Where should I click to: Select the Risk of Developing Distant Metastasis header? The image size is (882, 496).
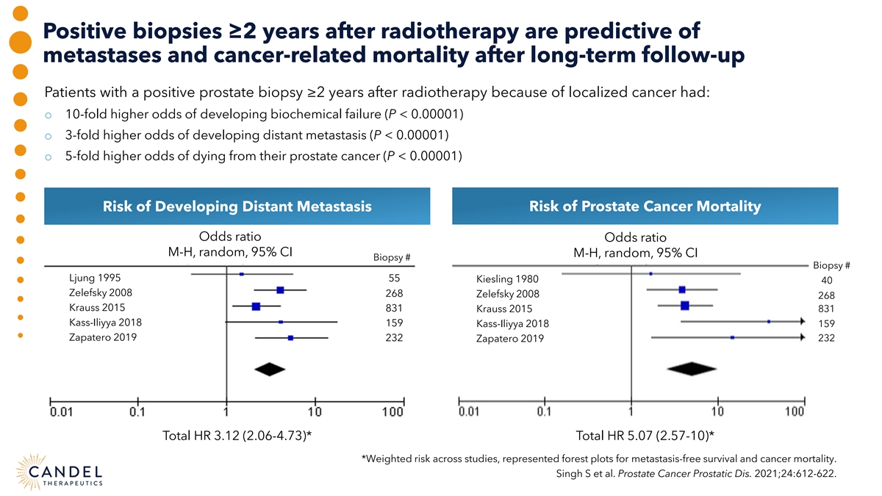[x=237, y=206]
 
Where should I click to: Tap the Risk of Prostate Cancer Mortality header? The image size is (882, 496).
[x=645, y=206]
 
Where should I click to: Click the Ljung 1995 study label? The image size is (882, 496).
[x=95, y=278]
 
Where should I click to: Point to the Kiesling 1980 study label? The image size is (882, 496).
[x=507, y=280]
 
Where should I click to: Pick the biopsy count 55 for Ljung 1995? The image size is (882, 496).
[x=394, y=279]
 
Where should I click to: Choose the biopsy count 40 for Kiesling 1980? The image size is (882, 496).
[x=827, y=281]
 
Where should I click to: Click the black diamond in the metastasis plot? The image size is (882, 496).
[x=269, y=368]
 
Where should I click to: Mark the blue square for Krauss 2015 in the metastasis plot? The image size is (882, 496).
[x=256, y=306]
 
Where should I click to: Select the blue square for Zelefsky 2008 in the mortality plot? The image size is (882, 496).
[x=682, y=290]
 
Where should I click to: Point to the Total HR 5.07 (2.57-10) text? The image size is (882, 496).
[x=645, y=436]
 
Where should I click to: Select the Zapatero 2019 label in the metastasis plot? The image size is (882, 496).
[x=103, y=337]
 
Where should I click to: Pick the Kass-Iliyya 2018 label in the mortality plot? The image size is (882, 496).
[x=512, y=324]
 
